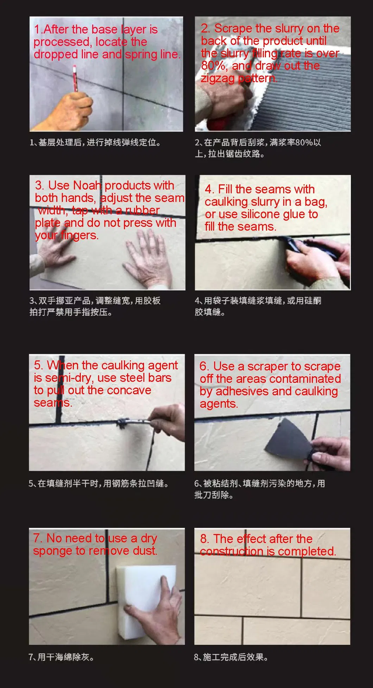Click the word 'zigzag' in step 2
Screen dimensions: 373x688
pos(217,78)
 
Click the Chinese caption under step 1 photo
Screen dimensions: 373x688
pos(95,142)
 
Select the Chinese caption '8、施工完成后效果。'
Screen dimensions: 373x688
pos(231,657)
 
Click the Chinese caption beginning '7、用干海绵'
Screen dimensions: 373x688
pos(61,657)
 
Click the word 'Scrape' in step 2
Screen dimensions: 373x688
pos(234,28)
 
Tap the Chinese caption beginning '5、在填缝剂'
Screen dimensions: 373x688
pos(99,484)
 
